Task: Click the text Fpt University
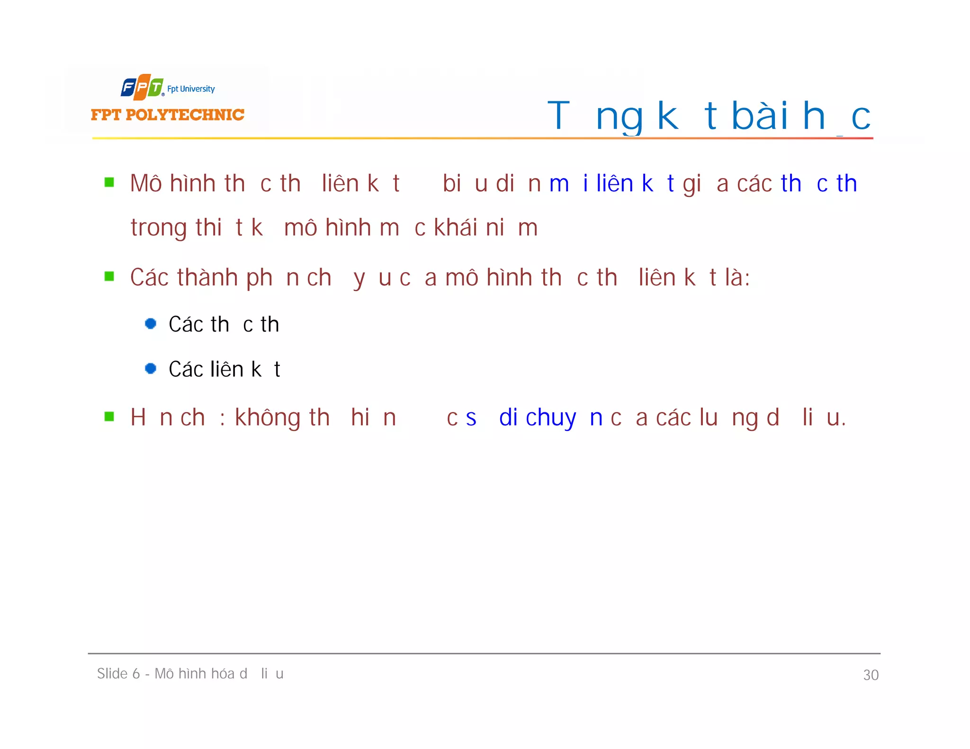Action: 190,89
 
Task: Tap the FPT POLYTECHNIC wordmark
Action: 167,115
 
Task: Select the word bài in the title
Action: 760,116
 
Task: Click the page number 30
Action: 871,675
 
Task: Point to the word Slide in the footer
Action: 112,673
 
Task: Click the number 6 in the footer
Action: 136,674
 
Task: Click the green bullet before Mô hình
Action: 109,183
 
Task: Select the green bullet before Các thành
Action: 109,276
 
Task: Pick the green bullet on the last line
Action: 109,417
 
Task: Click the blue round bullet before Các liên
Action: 151,368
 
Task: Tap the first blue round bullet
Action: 151,324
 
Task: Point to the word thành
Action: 207,277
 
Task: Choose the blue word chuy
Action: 551,418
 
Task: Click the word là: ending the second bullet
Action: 737,277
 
